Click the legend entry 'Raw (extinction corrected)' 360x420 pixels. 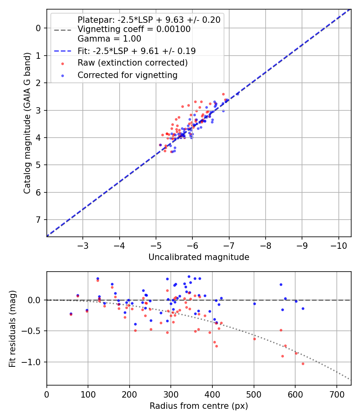tap(132, 63)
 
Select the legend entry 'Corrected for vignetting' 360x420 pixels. tap(127, 75)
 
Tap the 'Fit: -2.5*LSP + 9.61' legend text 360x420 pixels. tap(136, 51)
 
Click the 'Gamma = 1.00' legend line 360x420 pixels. tap(109, 39)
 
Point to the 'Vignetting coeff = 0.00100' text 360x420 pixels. tap(134, 29)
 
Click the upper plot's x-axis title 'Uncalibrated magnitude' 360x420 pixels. tap(199, 257)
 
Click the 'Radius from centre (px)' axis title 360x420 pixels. tap(199, 406)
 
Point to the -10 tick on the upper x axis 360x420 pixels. tap(338, 244)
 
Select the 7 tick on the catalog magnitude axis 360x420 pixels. tap(38, 220)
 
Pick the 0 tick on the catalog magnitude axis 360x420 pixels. tap(38, 28)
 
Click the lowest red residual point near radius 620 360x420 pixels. tap(303, 364)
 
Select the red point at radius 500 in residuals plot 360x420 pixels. tap(254, 339)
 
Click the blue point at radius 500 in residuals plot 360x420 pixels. tap(254, 304)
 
